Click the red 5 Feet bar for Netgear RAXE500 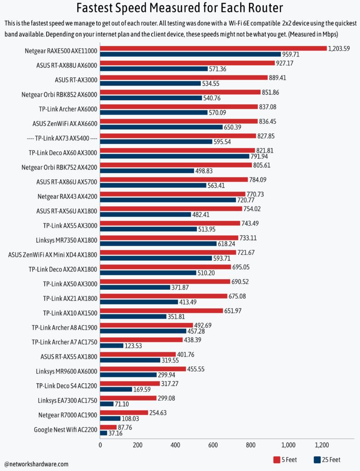tap(213, 48)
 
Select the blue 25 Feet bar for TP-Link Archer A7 tap(112, 345)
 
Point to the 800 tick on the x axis tap(251, 445)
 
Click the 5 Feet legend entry tap(285, 460)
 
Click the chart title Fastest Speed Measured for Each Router tap(180, 8)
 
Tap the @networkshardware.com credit tap(36, 464)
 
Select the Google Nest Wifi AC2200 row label tap(66, 430)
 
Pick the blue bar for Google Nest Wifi tap(103, 433)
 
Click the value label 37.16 tap(116, 433)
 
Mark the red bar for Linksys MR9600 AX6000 tap(143, 369)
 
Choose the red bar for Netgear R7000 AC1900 tap(124, 413)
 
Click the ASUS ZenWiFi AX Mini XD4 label tap(53, 254)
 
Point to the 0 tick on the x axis tap(100, 445)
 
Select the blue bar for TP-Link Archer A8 tap(143, 331)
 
